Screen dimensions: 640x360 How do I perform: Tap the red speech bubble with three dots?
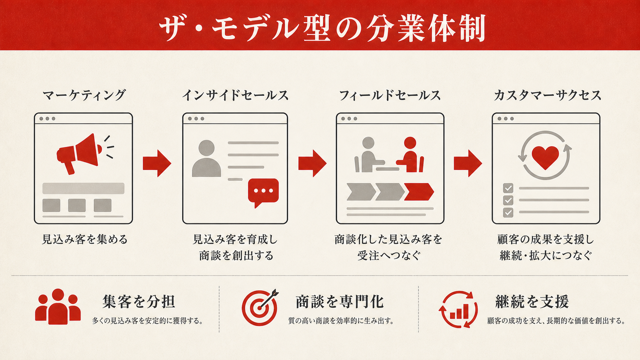[263, 192]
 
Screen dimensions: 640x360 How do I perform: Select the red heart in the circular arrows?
[545, 157]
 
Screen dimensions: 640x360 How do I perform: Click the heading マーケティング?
[84, 95]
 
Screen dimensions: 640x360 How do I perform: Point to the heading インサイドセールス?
[235, 95]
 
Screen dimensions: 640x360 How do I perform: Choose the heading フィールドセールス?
[390, 95]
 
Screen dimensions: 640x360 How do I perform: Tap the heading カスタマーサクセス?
[547, 95]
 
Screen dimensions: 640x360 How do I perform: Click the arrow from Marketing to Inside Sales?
[157, 163]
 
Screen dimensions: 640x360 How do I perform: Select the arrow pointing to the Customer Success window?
[468, 163]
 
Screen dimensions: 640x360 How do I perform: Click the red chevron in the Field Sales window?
[419, 192]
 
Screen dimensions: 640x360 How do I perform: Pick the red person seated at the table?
[410, 155]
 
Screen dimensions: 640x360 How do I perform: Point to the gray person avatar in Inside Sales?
[206, 158]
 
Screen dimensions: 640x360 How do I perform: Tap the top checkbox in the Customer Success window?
[508, 188]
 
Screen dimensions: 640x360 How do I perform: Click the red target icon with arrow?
[260, 308]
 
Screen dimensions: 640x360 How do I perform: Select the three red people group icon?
[58, 306]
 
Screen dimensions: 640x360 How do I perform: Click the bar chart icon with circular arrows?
[458, 310]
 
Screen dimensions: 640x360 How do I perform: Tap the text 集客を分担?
[139, 301]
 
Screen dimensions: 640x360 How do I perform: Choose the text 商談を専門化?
[340, 301]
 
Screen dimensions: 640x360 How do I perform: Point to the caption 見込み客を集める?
[85, 239]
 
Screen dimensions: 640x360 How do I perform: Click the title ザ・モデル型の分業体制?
[322, 28]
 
